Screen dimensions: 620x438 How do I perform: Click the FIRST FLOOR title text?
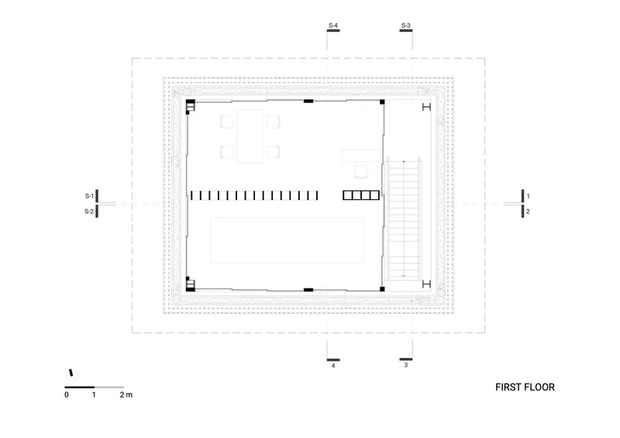coord(525,387)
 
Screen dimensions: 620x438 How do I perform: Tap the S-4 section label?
coord(333,26)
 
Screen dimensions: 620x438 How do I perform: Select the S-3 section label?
coord(405,26)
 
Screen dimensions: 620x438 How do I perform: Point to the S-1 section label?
coord(89,196)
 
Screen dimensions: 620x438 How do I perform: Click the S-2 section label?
coord(89,212)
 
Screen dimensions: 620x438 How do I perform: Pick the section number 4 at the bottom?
coord(333,366)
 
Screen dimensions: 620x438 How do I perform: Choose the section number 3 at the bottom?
coord(405,365)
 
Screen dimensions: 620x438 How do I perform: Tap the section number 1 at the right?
coord(528,196)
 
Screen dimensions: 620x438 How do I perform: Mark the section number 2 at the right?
coord(528,212)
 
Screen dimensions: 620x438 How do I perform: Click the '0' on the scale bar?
coord(67,395)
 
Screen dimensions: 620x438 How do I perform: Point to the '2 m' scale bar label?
coord(126,395)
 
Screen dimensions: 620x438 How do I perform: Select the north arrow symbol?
coord(71,373)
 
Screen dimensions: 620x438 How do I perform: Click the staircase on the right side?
coord(404,219)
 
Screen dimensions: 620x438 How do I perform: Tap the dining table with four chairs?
coord(250,136)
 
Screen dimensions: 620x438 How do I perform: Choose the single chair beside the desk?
coord(361,172)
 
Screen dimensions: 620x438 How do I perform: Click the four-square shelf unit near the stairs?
coord(361,195)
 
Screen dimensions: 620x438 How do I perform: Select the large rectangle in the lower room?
coord(287,240)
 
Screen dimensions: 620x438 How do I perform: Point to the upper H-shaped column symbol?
coord(426,107)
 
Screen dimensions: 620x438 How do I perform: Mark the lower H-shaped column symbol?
coord(426,284)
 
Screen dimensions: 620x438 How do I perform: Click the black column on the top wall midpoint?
coord(308,102)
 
